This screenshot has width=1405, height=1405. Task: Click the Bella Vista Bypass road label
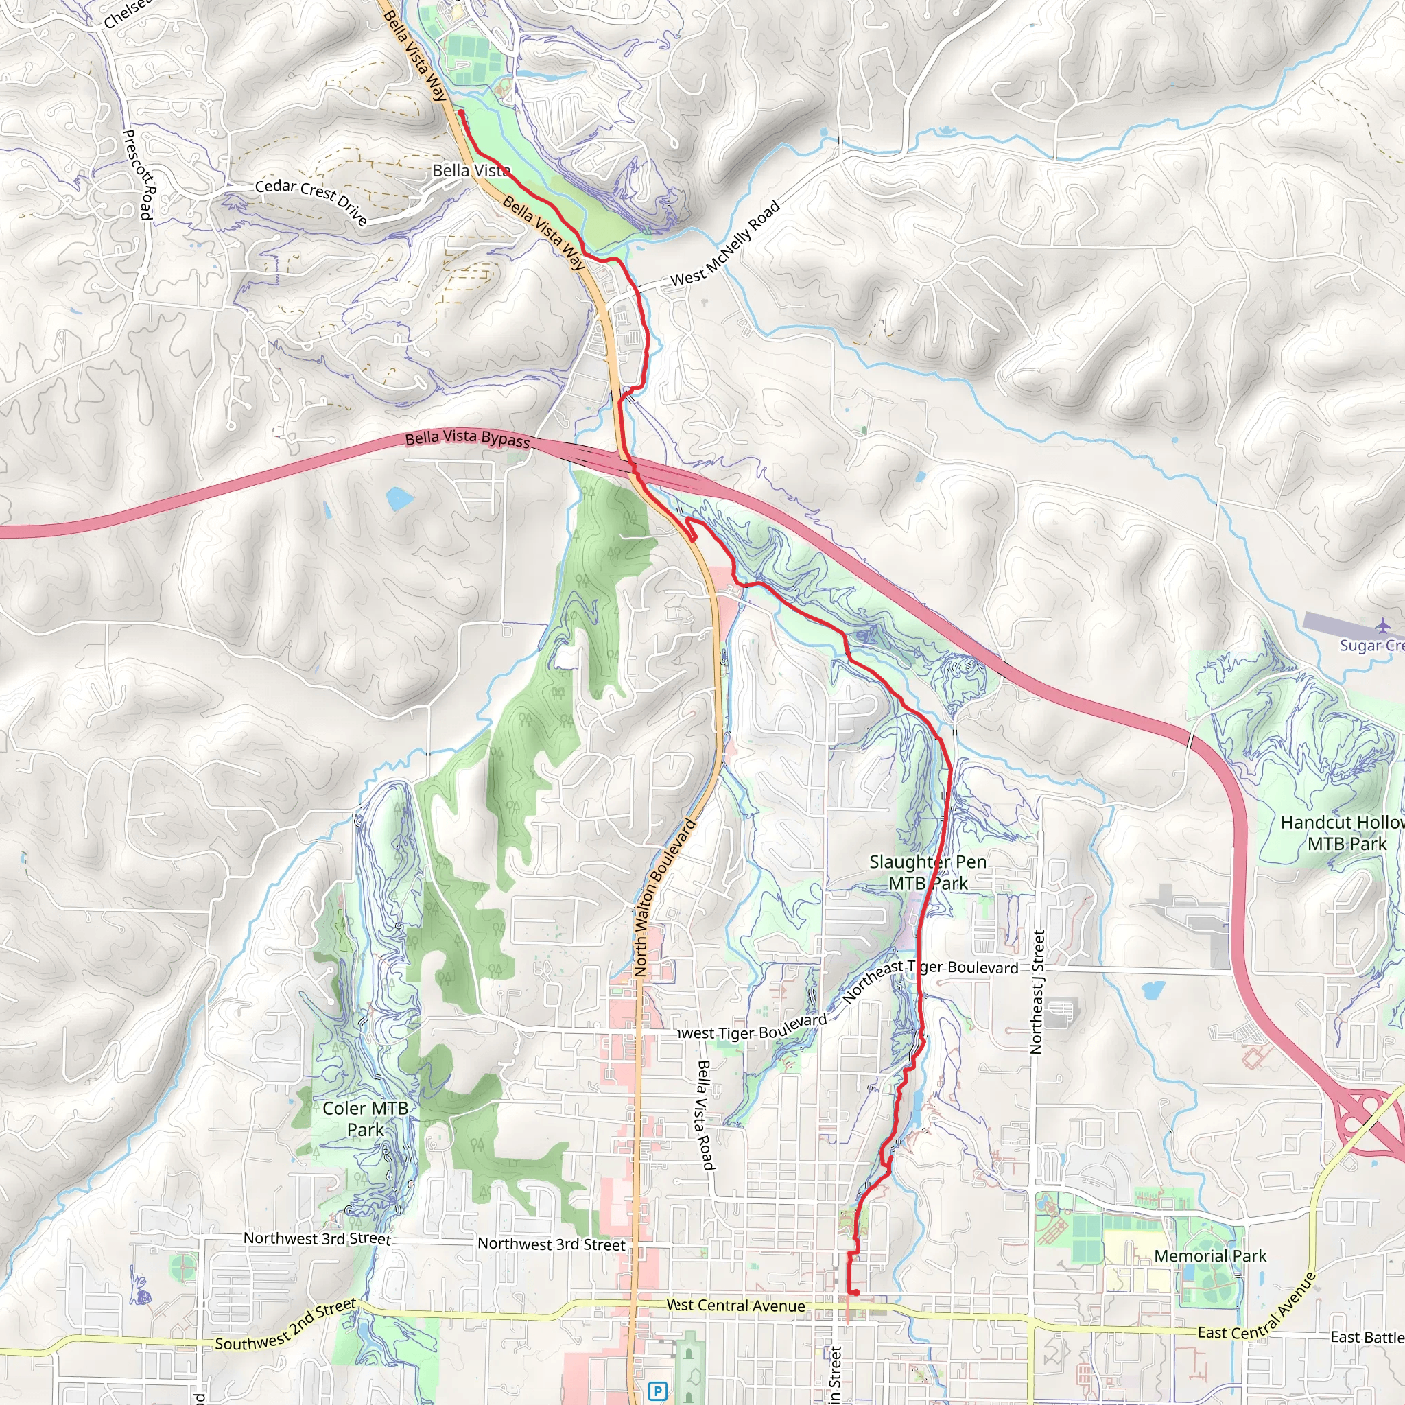(467, 438)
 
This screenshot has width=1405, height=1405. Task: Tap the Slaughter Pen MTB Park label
(928, 872)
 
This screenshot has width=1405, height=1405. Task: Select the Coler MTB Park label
(365, 1118)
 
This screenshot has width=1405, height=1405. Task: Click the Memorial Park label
(1210, 1256)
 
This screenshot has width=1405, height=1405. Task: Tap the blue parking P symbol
(657, 1391)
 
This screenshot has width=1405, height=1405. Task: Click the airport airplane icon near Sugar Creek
(1382, 626)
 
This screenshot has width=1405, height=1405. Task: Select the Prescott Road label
(139, 174)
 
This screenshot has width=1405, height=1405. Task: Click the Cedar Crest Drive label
(311, 202)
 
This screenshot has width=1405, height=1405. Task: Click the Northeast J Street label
(1037, 992)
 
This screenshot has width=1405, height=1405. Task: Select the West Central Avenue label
(735, 1306)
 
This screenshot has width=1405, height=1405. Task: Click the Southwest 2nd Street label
(286, 1325)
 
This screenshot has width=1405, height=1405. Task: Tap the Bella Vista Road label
(705, 1115)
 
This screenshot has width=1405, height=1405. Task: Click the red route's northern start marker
(461, 113)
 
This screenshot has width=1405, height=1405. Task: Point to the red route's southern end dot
(856, 1292)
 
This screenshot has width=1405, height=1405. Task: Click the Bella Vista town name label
(471, 170)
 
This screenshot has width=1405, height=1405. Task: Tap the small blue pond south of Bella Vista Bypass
(399, 499)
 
